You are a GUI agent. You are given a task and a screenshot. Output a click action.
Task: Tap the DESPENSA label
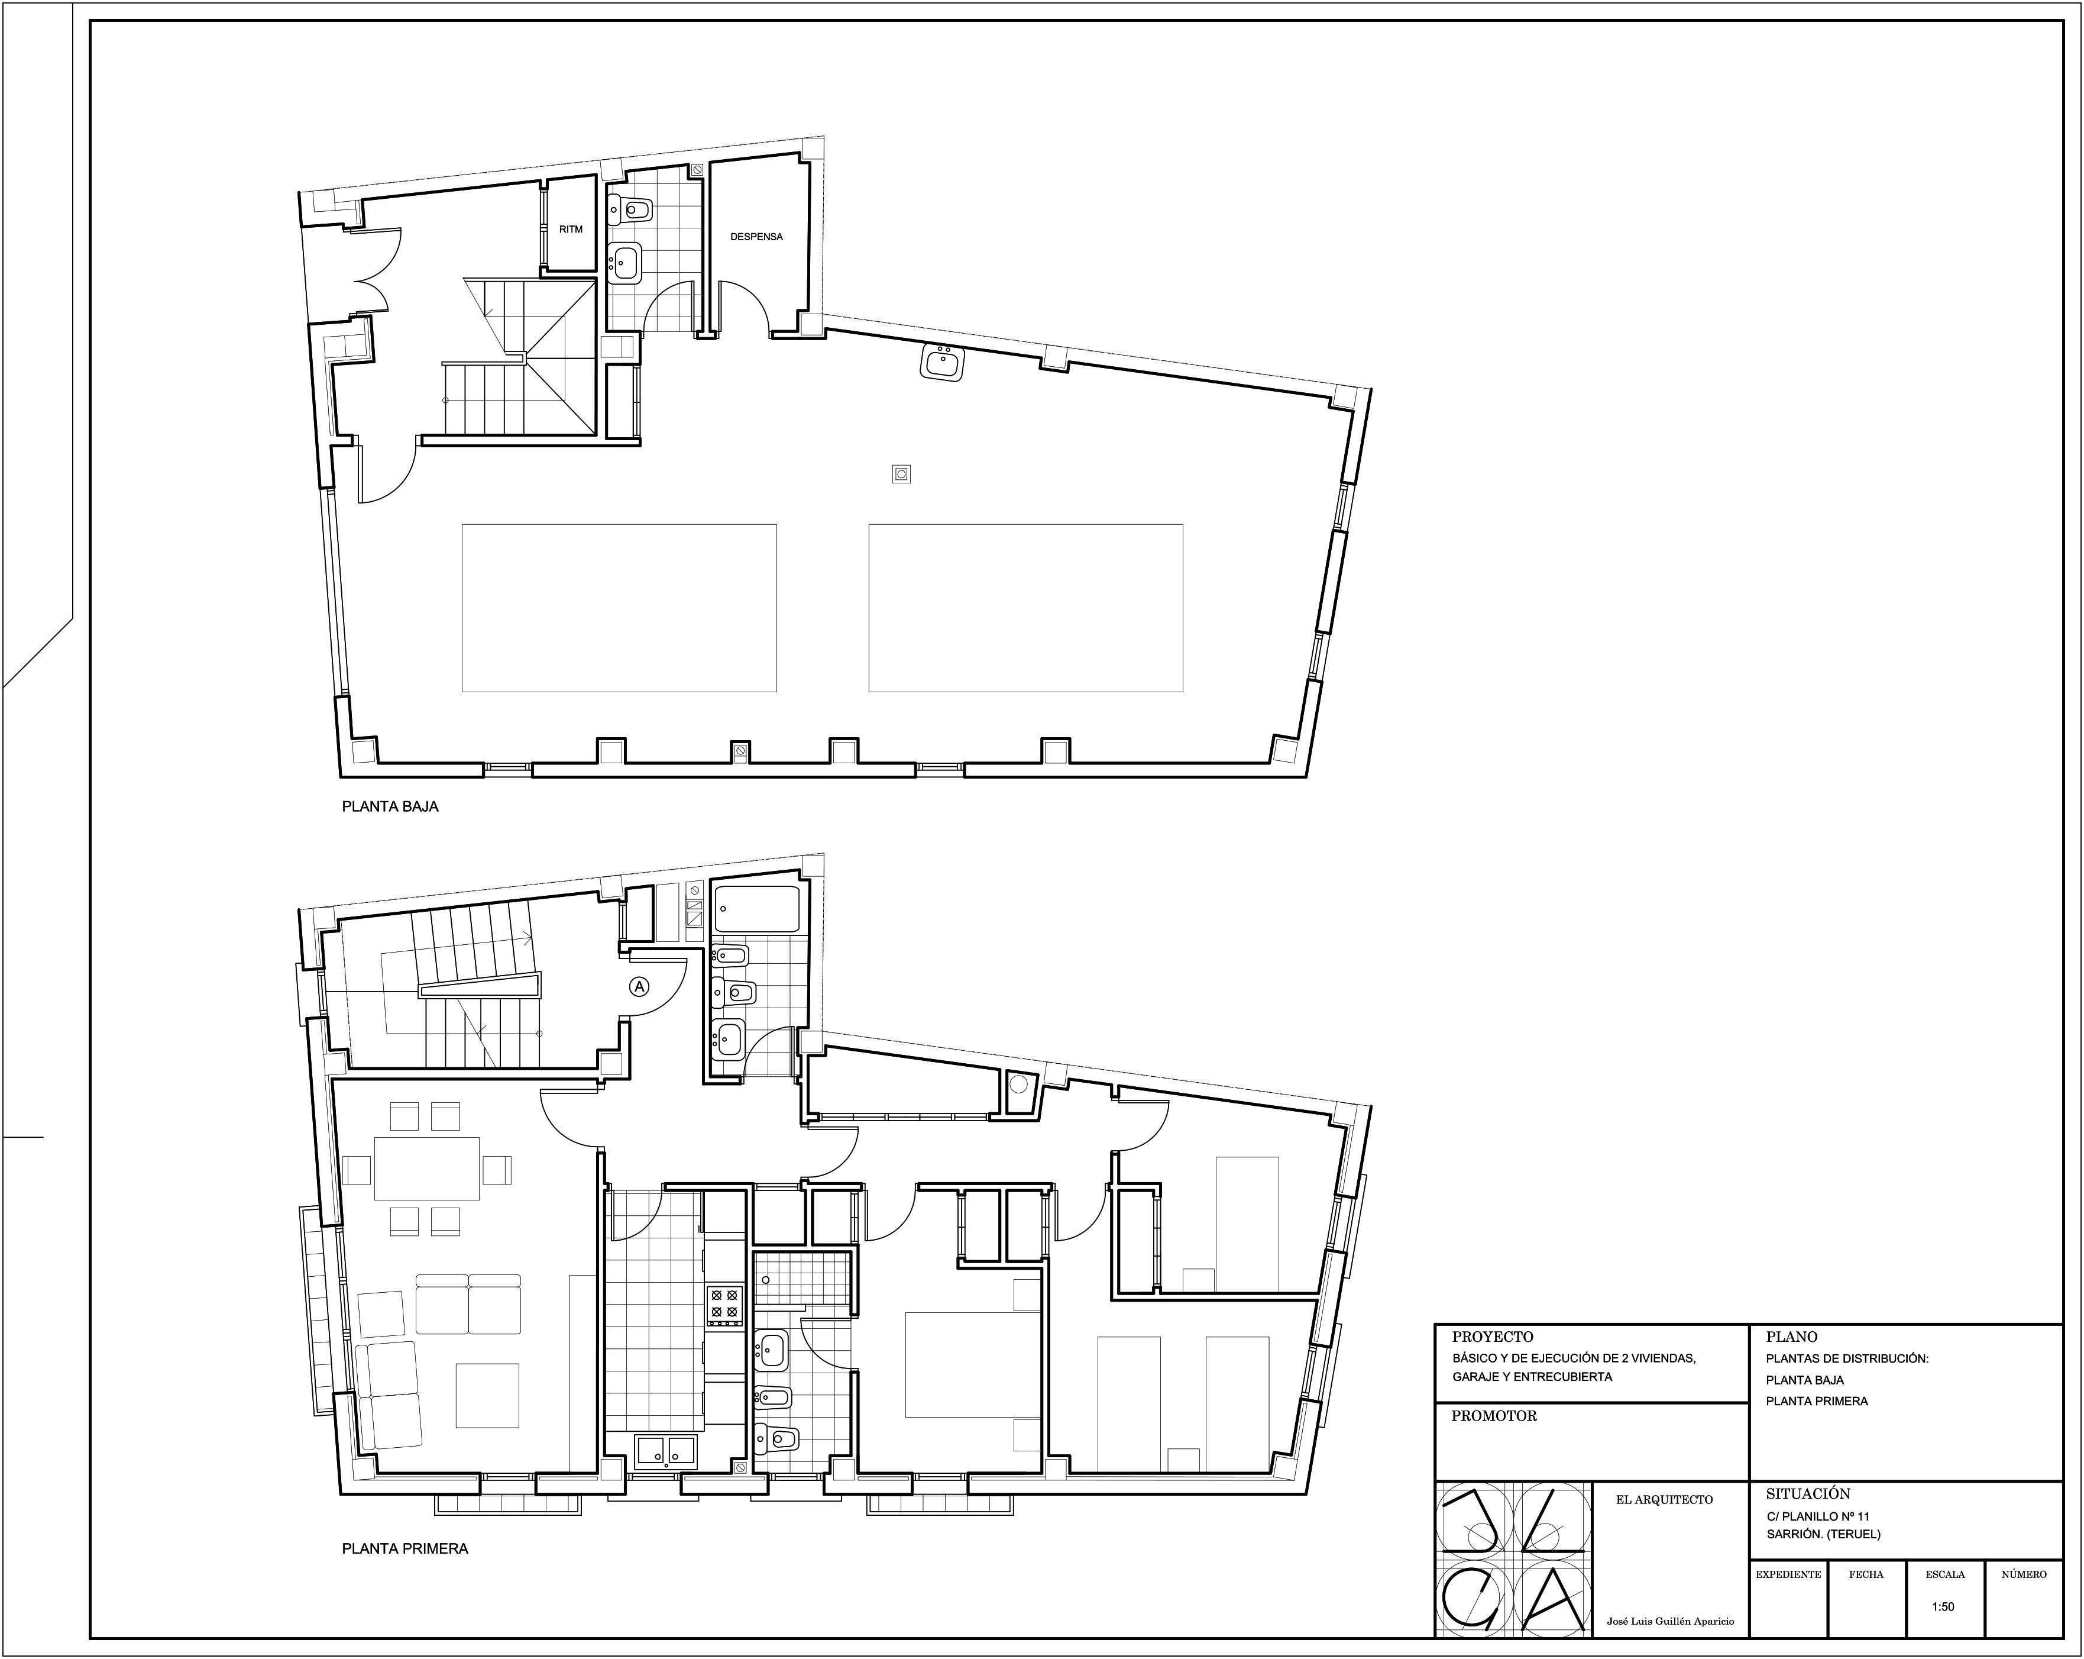pyautogui.click(x=756, y=237)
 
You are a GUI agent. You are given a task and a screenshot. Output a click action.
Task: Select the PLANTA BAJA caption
pyautogui.click(x=390, y=806)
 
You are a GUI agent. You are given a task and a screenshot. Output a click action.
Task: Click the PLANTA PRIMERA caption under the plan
pyautogui.click(x=405, y=1548)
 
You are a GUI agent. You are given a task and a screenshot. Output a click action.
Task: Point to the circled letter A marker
pyautogui.click(x=639, y=986)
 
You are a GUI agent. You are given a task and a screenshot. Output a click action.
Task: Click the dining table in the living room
pyautogui.click(x=426, y=1168)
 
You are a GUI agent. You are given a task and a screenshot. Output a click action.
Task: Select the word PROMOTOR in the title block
pyautogui.click(x=1493, y=1415)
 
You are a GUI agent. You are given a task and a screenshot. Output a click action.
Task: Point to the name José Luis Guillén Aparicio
pyautogui.click(x=1670, y=1621)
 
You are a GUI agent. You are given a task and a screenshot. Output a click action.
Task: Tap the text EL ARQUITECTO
pyautogui.click(x=1664, y=1499)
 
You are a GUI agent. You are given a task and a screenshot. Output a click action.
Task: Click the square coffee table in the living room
pyautogui.click(x=487, y=1395)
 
